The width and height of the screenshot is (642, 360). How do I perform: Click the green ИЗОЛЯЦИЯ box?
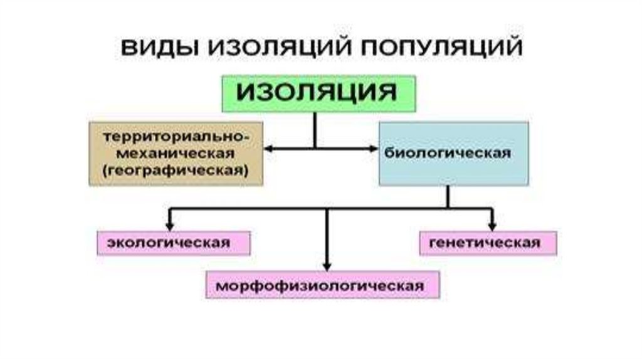click(x=318, y=94)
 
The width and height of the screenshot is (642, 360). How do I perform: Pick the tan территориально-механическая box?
click(x=176, y=154)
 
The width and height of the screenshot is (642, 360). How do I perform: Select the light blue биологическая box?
click(x=453, y=154)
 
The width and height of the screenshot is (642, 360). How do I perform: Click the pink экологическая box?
click(x=173, y=242)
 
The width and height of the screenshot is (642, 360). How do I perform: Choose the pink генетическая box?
click(x=487, y=243)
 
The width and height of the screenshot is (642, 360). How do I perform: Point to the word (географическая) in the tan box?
click(x=176, y=170)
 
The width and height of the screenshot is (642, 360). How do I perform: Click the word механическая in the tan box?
click(x=176, y=153)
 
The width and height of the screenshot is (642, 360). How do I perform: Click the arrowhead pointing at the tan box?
click(x=268, y=149)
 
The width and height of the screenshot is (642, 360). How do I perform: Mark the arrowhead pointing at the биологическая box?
click(x=372, y=149)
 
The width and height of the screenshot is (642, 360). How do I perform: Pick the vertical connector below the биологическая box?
click(x=448, y=196)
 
